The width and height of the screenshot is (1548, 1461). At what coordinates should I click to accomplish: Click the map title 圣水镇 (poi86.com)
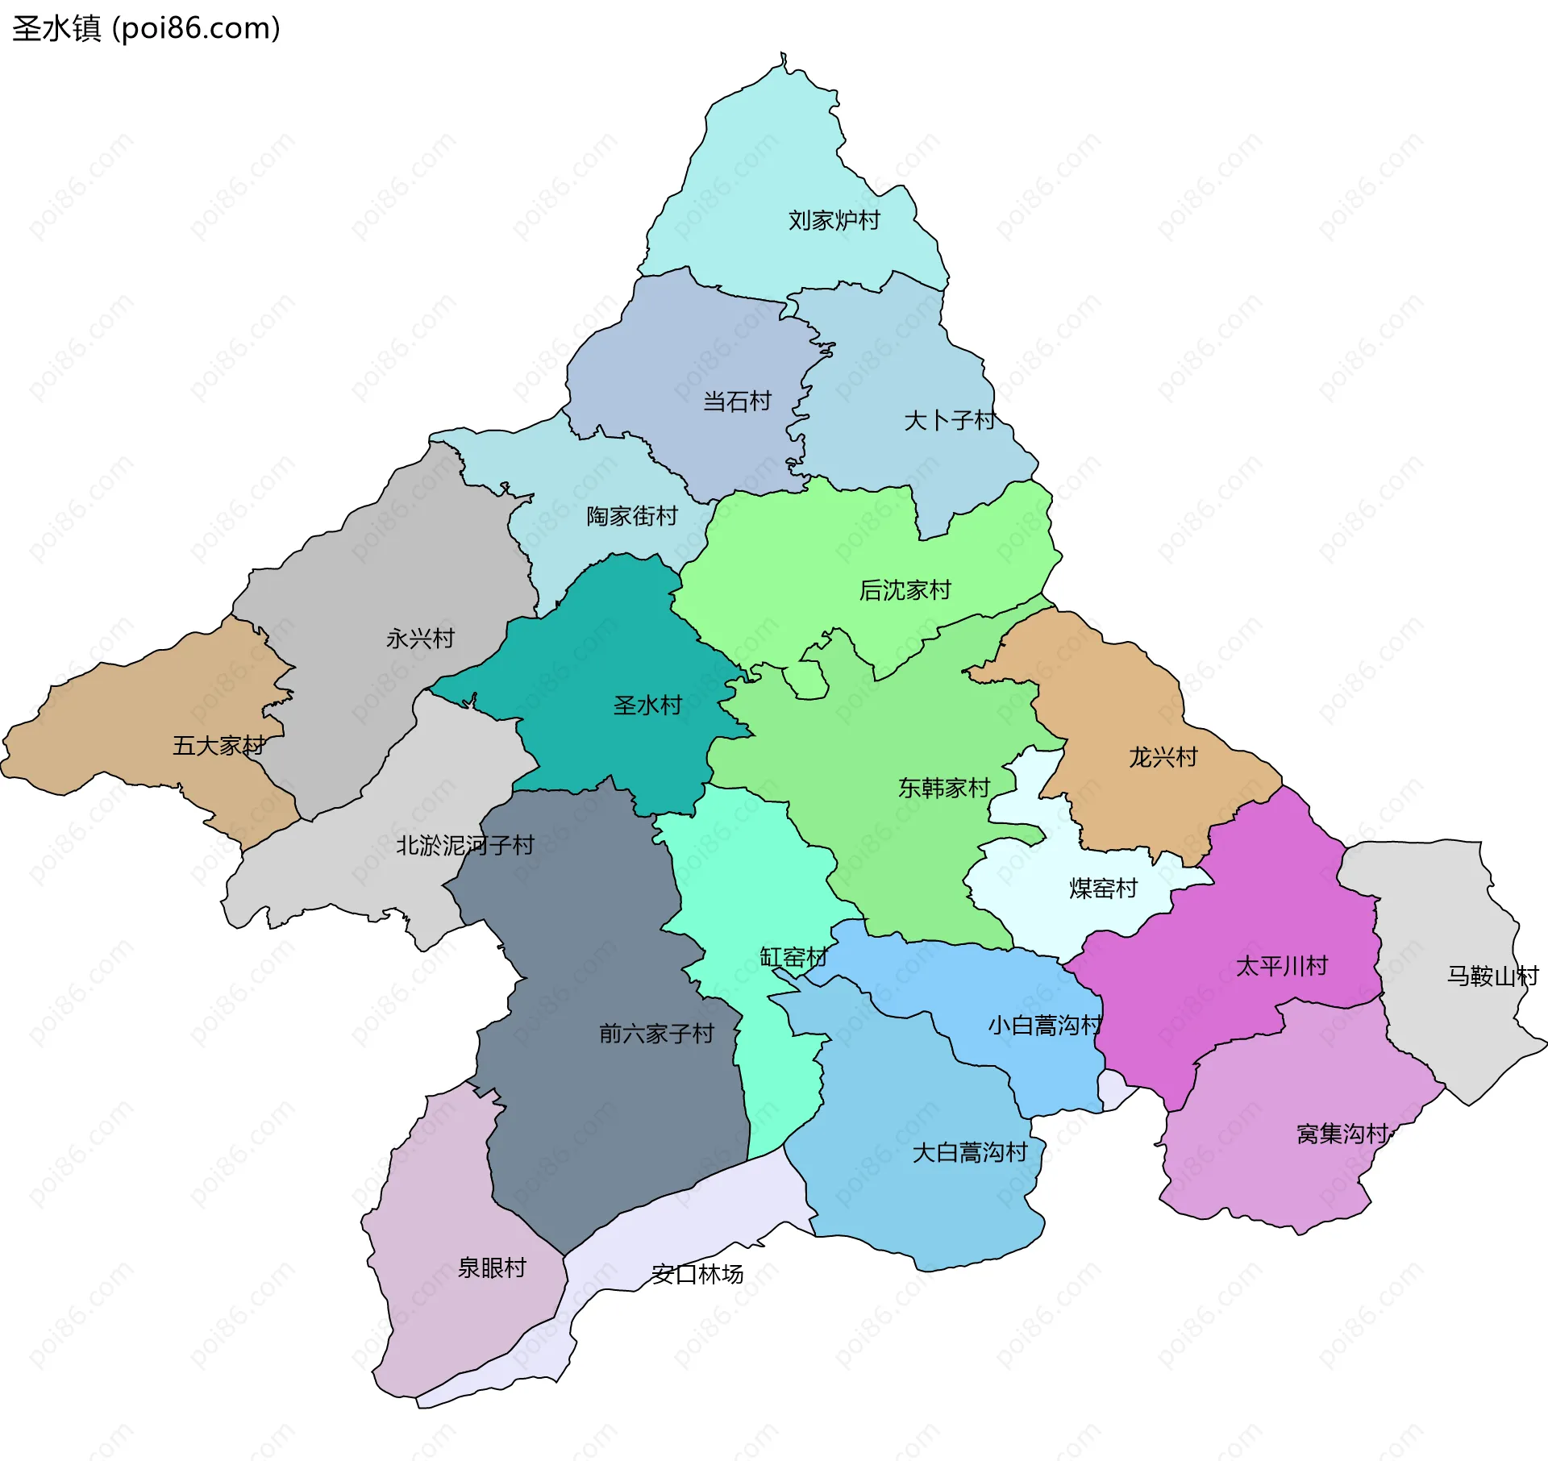(x=146, y=28)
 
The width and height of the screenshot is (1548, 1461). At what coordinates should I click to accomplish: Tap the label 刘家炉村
(x=834, y=220)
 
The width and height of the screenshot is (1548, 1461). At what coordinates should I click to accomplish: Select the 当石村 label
(x=737, y=401)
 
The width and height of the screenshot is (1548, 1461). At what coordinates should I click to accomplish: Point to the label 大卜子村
(x=950, y=420)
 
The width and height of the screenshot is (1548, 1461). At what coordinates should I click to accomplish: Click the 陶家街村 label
(x=632, y=516)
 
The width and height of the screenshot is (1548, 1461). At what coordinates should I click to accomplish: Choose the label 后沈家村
(x=905, y=590)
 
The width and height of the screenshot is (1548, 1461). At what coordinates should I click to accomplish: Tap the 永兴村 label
(x=420, y=639)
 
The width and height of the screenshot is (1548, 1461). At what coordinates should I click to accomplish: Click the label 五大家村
(x=218, y=746)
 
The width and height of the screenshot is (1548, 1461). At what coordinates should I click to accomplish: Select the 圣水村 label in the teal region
(x=647, y=706)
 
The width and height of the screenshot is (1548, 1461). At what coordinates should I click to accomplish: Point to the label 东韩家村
(x=944, y=788)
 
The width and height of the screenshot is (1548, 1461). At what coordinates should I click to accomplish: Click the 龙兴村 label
(x=1163, y=757)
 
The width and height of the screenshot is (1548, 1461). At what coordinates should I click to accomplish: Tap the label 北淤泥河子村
(x=465, y=845)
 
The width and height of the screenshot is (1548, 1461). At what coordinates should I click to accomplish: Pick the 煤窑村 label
(x=1103, y=889)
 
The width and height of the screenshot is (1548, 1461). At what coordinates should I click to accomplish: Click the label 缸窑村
(x=793, y=957)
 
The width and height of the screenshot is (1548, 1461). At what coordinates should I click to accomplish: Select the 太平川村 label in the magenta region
(x=1282, y=966)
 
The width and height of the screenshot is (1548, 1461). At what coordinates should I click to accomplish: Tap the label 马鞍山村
(x=1492, y=976)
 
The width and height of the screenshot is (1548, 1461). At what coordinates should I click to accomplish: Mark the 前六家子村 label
(x=656, y=1034)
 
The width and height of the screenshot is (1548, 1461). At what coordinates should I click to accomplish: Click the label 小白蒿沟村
(x=1045, y=1026)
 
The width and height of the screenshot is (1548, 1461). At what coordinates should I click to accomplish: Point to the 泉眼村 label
(x=492, y=1268)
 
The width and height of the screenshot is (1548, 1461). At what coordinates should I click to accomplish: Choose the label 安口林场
(x=697, y=1275)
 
